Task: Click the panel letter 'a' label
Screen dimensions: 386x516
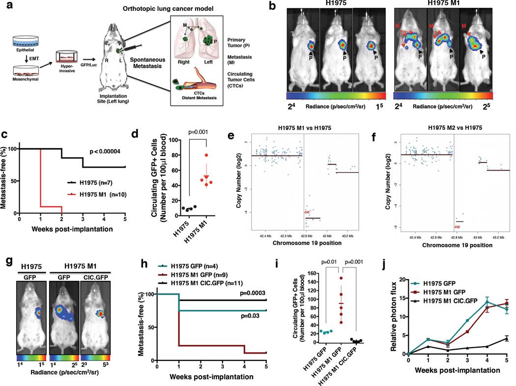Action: (x=5, y=6)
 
